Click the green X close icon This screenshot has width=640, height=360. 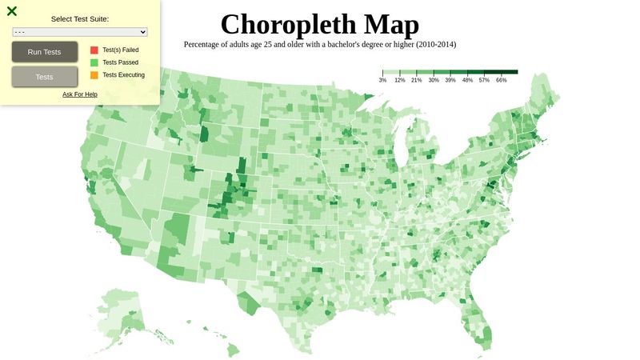tap(12, 11)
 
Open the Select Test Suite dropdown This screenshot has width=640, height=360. tap(80, 32)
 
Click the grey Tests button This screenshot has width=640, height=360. tap(45, 77)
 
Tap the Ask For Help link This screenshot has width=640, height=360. tap(80, 94)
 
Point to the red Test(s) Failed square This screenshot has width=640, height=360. tap(94, 50)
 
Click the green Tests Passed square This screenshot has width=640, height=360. tap(94, 62)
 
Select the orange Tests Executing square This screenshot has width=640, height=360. tap(94, 75)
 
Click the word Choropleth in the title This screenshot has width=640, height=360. tap(284, 24)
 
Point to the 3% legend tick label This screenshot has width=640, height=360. tap(382, 81)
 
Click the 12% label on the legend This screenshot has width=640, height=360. tap(399, 81)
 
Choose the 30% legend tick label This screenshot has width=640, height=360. tap(434, 81)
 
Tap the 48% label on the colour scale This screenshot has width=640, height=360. tap(467, 81)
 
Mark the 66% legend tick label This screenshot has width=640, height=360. tap(502, 81)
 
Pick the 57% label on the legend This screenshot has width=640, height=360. tap(484, 81)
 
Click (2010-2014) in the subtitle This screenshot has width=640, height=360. tap(436, 45)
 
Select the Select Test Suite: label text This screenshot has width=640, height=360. tap(80, 18)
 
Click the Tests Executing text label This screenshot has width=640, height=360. tap(123, 75)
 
